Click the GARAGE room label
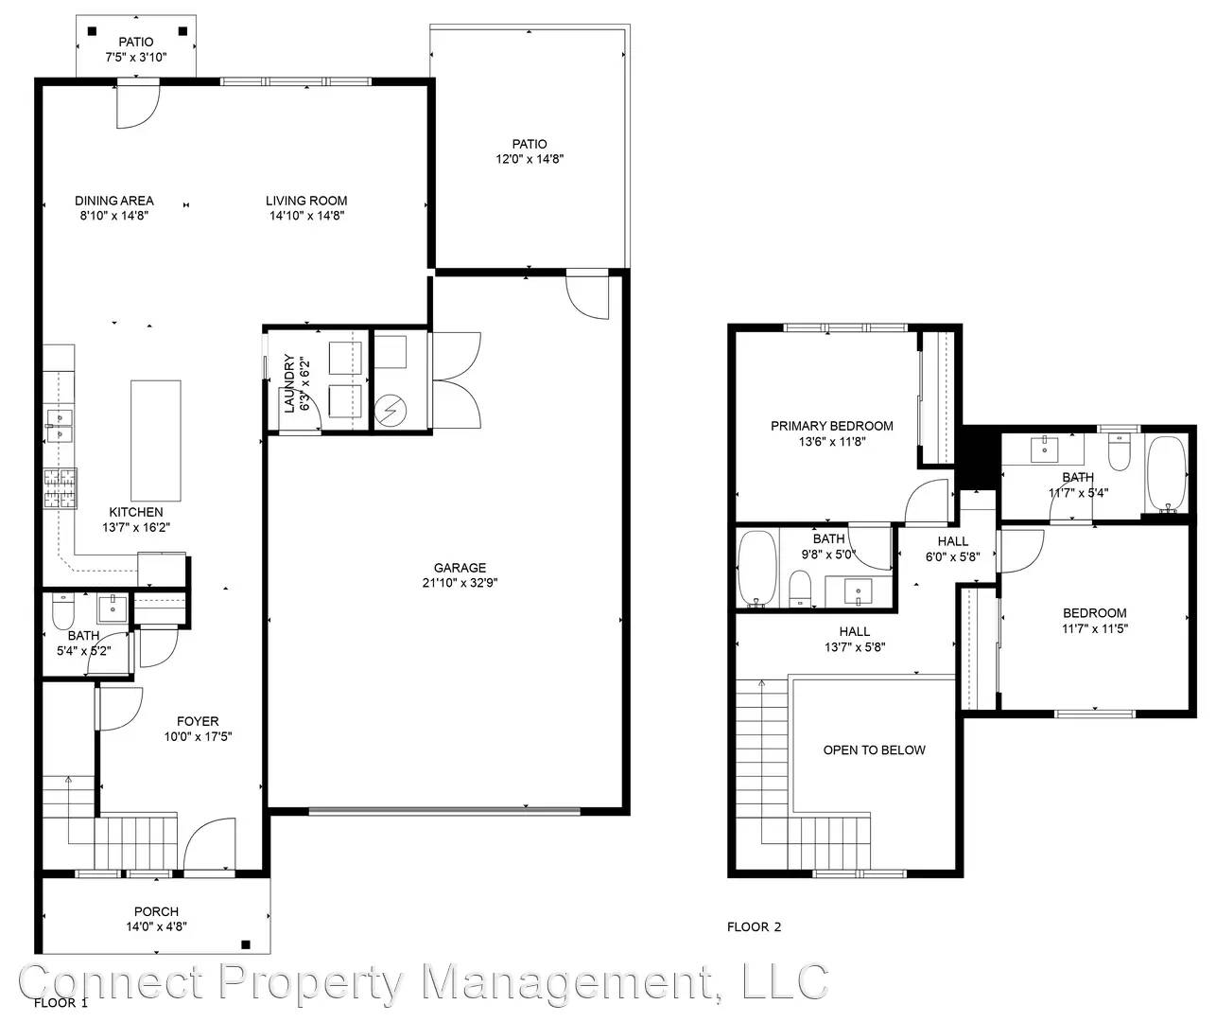460,567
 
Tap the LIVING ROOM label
306,201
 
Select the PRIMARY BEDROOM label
832,426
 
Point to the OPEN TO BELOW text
874,749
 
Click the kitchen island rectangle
155,441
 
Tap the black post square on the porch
246,944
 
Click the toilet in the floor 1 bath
63,610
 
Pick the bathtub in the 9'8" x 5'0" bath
757,569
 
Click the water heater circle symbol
391,411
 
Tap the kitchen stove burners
60,488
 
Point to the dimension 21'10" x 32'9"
460,582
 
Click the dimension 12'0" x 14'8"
530,159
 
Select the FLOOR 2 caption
755,927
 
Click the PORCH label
156,911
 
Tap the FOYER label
198,721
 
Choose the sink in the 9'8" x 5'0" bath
858,592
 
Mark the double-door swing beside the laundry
456,380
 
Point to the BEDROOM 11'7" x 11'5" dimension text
1095,628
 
